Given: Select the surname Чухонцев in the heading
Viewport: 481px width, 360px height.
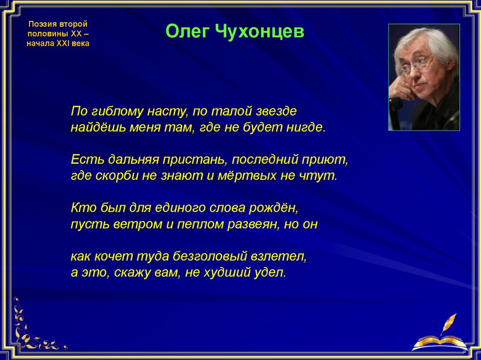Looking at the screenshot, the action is (x=259, y=31).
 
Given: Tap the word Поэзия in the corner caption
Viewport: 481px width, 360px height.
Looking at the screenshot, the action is (x=41, y=24).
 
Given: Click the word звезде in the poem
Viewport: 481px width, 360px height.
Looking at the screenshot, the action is (x=276, y=111).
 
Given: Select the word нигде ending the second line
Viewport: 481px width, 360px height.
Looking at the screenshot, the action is (x=305, y=127).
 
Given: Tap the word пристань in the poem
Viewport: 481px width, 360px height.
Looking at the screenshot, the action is (x=195, y=160).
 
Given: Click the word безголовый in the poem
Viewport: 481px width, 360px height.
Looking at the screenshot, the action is (x=210, y=256).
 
